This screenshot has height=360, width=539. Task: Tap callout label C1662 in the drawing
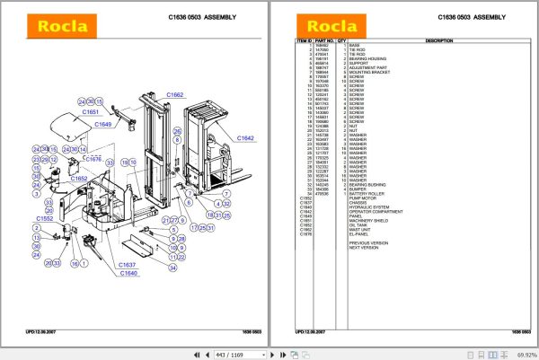click(174, 94)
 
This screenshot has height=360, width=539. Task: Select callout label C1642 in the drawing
click(245, 137)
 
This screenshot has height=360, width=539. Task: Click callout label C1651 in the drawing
click(91, 112)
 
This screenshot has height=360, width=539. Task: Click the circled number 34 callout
click(173, 267)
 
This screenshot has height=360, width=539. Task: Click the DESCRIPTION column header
click(438, 41)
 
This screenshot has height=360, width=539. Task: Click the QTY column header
click(341, 41)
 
